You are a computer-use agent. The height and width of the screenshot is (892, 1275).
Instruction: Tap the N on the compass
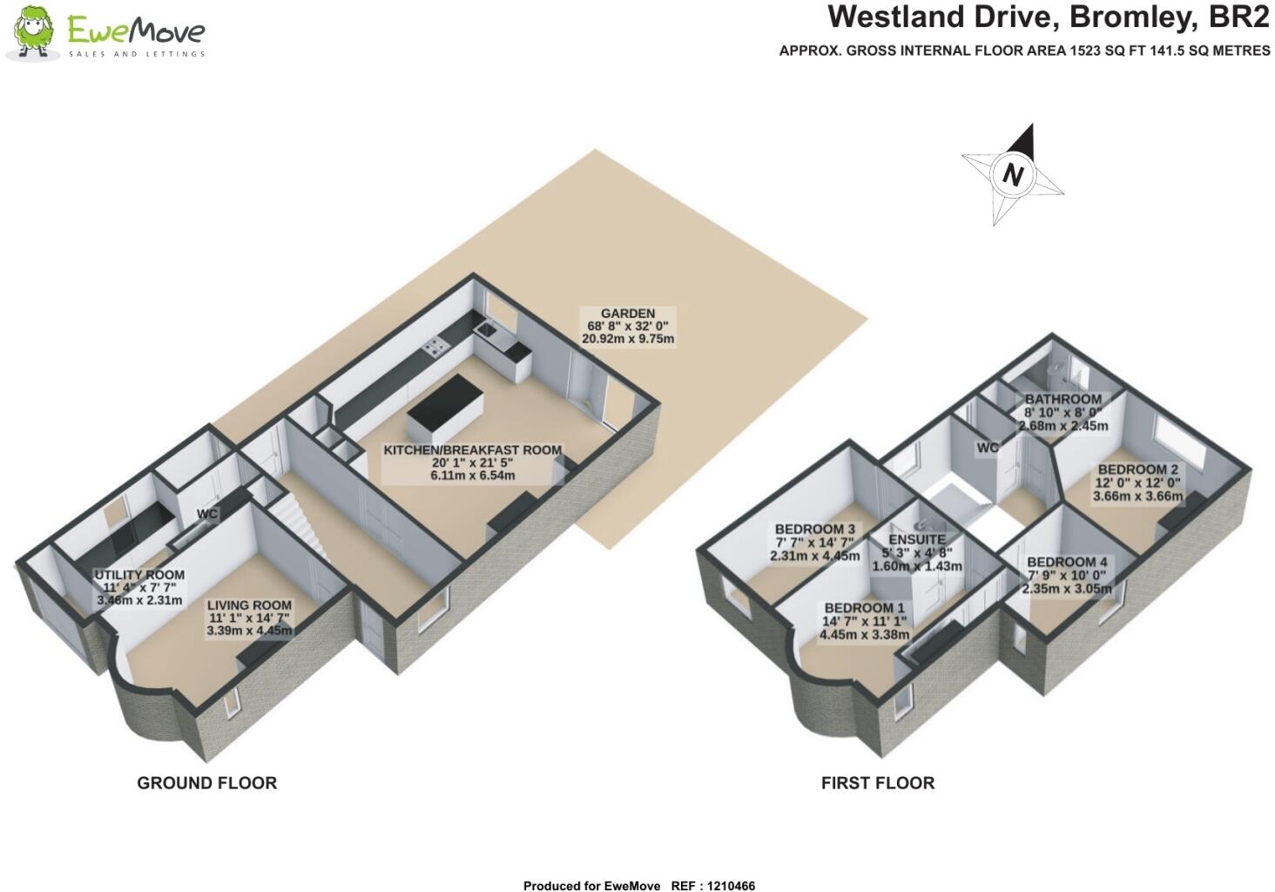pyautogui.click(x=1012, y=174)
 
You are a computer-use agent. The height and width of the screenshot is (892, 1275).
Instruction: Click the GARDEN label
pyautogui.click(x=627, y=314)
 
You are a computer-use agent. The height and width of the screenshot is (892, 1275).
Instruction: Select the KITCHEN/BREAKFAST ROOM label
pyautogui.click(x=473, y=450)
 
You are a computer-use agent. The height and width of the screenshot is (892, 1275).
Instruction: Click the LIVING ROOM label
pyautogui.click(x=248, y=605)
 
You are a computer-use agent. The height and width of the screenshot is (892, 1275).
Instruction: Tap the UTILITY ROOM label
pyautogui.click(x=139, y=575)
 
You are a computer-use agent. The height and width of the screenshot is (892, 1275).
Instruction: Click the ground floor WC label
pyautogui.click(x=206, y=514)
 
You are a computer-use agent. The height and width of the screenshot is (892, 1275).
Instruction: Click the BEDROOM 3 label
pyautogui.click(x=814, y=529)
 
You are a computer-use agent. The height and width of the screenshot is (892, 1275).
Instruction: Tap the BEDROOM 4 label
pyautogui.click(x=1067, y=562)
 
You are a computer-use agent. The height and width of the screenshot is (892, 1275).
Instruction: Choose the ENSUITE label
pyautogui.click(x=917, y=539)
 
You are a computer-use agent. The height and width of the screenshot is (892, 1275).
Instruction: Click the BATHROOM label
pyautogui.click(x=1062, y=399)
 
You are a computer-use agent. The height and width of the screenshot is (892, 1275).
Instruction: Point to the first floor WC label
pyautogui.click(x=987, y=448)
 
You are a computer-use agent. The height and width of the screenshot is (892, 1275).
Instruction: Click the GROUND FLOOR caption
pyautogui.click(x=206, y=783)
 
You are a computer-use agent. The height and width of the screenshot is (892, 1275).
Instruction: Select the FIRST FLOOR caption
pyautogui.click(x=877, y=783)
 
